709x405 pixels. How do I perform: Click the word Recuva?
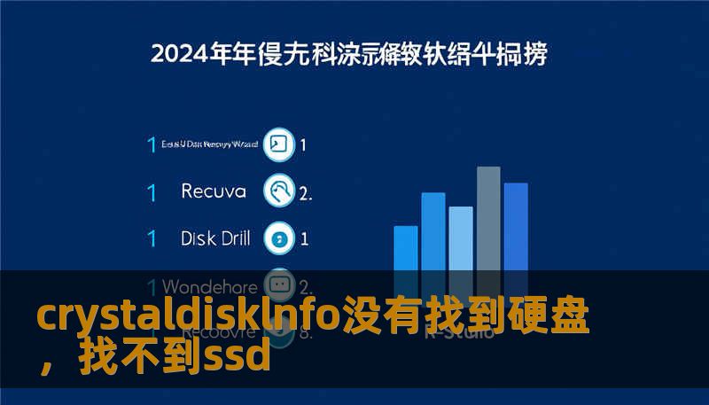pyautogui.click(x=214, y=191)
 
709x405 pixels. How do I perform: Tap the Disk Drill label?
pyautogui.click(x=215, y=238)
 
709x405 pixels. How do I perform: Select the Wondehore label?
pyautogui.click(x=210, y=287)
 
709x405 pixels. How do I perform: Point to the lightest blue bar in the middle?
pyautogui.click(x=461, y=239)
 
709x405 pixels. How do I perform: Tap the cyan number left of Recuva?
pyautogui.click(x=152, y=191)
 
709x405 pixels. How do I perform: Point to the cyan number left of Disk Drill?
pyautogui.click(x=152, y=238)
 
